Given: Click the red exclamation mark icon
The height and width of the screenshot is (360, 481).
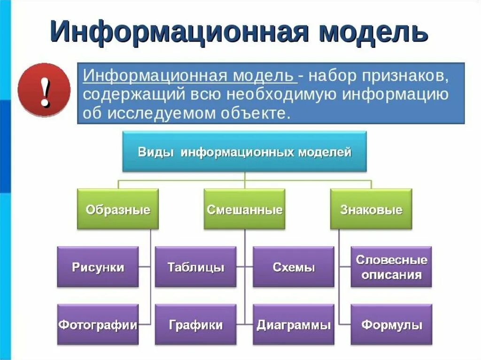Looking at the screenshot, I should pyautogui.click(x=44, y=91).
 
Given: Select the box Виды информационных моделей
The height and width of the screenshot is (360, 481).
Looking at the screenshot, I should pyautogui.click(x=244, y=152).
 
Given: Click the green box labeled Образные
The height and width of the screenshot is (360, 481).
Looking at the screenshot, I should pyautogui.click(x=118, y=209).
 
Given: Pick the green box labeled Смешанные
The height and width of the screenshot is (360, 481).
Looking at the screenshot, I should pyautogui.click(x=244, y=209).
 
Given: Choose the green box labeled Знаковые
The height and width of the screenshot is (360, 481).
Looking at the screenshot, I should pyautogui.click(x=371, y=209).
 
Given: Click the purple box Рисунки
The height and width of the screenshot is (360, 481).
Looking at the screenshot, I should pyautogui.click(x=98, y=268).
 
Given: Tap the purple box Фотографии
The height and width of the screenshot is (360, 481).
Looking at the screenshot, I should pyautogui.click(x=98, y=325).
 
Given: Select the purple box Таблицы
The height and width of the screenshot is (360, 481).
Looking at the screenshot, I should pyautogui.click(x=196, y=268).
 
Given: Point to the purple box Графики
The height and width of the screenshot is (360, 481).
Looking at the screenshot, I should pyautogui.click(x=196, y=325).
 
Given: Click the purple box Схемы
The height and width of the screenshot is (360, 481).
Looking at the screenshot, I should pyautogui.click(x=294, y=268).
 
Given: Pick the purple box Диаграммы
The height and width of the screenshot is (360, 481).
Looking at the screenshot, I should pyautogui.click(x=294, y=325).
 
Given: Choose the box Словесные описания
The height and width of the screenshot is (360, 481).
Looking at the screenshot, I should pyautogui.click(x=391, y=267).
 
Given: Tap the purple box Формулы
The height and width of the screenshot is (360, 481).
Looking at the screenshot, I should pyautogui.click(x=391, y=325).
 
